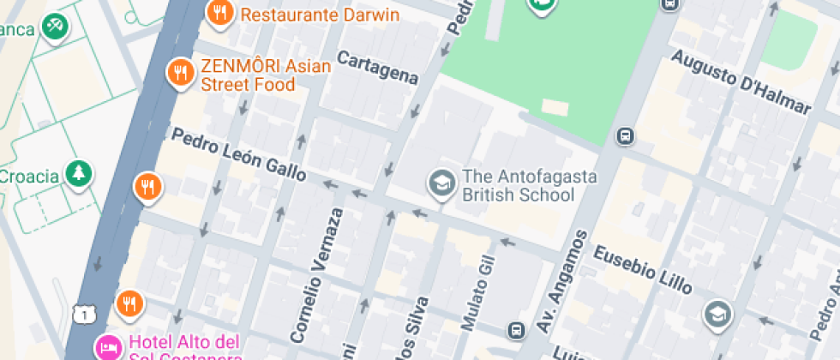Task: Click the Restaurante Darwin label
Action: point(319,15)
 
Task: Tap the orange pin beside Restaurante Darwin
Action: point(220,12)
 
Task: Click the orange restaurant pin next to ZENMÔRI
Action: point(180,73)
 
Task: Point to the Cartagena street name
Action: point(377,68)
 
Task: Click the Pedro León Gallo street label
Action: point(239,154)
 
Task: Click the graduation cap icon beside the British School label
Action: point(442,183)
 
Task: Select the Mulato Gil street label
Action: point(478,292)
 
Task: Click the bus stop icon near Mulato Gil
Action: point(516,330)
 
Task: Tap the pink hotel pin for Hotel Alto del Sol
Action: point(108,346)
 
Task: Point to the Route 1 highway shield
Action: point(82,315)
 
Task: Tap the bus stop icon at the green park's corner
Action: point(626,135)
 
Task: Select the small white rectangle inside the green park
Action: point(555,108)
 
